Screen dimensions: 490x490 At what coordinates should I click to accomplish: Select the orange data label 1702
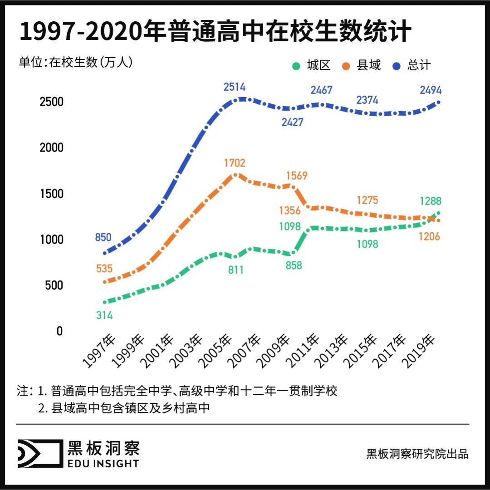pyautogui.click(x=235, y=163)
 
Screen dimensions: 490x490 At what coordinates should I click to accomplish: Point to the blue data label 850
pyautogui.click(x=103, y=237)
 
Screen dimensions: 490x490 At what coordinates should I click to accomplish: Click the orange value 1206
pyautogui.click(x=430, y=236)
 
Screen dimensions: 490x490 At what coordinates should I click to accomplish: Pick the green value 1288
pyautogui.click(x=430, y=201)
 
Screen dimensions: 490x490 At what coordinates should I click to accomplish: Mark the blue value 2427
pyautogui.click(x=292, y=122)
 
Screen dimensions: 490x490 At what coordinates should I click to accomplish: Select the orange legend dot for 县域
pyautogui.click(x=346, y=66)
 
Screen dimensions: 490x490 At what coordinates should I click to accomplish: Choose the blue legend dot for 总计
pyautogui.click(x=397, y=66)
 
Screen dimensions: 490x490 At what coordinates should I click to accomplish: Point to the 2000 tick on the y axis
pyautogui.click(x=51, y=147)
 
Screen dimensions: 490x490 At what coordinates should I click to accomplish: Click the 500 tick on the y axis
pyautogui.click(x=54, y=285)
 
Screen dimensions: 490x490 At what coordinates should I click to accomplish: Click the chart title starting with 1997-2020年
pyautogui.click(x=215, y=32)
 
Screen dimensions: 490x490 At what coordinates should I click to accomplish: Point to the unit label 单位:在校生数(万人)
pyautogui.click(x=76, y=62)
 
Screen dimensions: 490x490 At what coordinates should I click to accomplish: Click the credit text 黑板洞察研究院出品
pyautogui.click(x=417, y=454)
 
